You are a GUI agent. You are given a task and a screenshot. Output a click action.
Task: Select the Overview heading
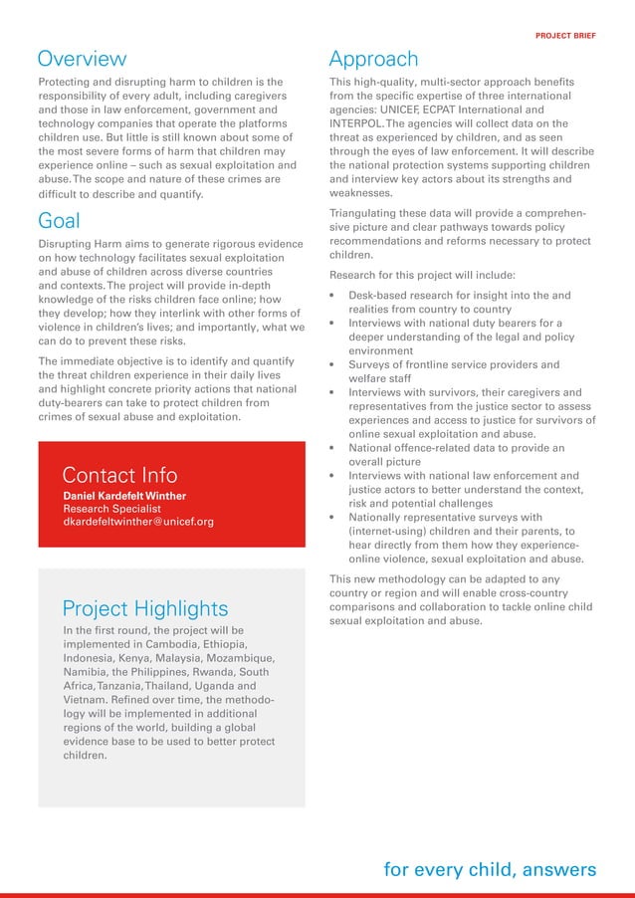point(82,59)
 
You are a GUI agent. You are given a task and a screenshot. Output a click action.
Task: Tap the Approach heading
point(373,59)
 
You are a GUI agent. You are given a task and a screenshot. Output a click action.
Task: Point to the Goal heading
point(59,220)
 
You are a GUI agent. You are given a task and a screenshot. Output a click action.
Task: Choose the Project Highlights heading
point(145,608)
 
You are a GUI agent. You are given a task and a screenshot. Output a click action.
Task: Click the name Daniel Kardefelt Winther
point(125,496)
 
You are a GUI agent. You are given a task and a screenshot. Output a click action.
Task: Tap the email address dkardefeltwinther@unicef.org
point(138,522)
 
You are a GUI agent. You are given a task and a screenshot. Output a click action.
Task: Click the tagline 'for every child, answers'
point(490,870)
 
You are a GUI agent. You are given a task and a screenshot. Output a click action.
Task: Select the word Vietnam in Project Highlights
point(86,700)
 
